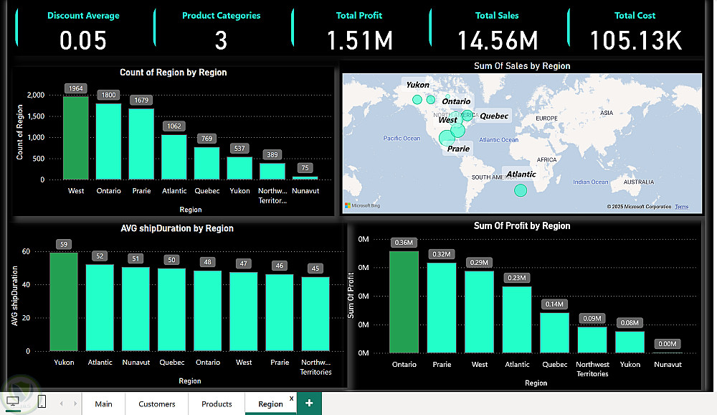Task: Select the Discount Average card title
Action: pos(83,16)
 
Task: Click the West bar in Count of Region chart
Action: pos(76,138)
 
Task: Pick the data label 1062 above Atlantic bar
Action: pos(174,126)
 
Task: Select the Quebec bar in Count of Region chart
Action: pos(206,163)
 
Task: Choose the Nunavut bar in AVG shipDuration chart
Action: pos(136,309)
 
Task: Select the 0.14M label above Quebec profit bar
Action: pos(554,304)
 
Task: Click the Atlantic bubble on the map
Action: pos(521,190)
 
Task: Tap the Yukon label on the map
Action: pos(417,85)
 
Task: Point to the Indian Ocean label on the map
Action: pos(590,182)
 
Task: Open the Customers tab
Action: pos(157,404)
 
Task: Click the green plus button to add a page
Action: pos(309,404)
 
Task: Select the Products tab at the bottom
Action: pos(217,404)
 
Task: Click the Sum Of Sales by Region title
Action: pos(522,66)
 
